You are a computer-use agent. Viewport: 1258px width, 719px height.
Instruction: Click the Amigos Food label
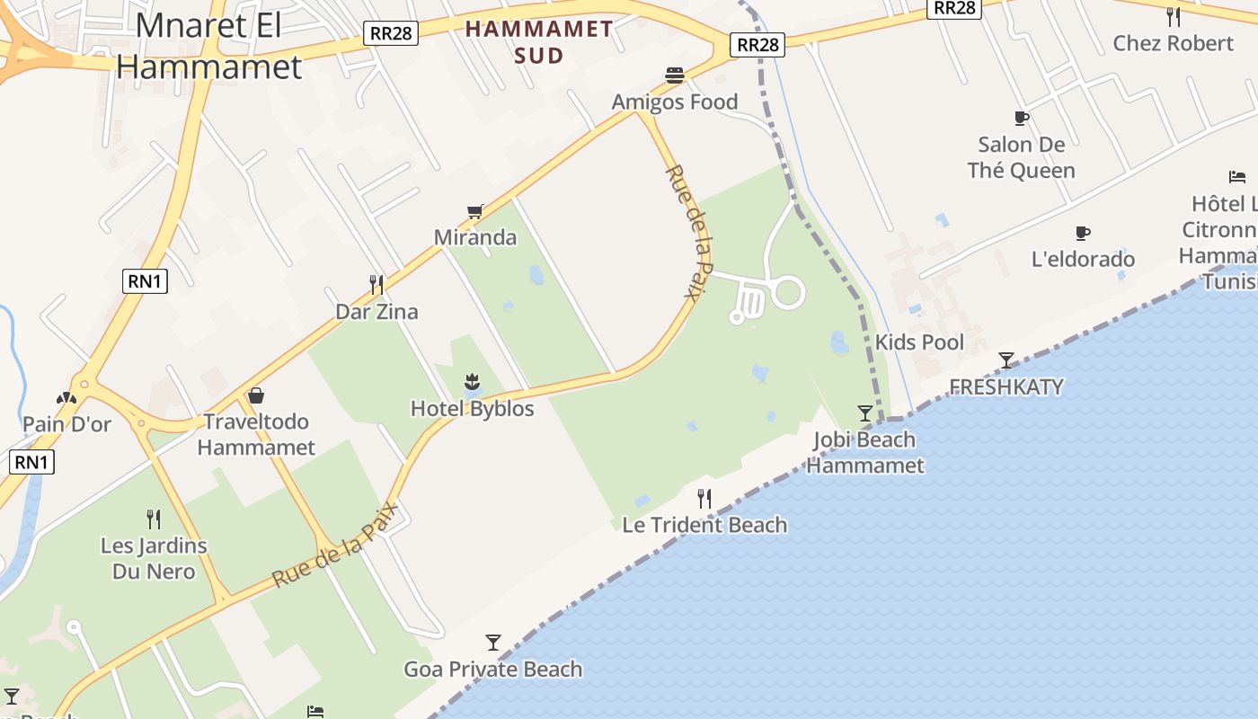click(674, 102)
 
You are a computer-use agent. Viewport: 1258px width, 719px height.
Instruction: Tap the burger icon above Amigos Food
click(675, 75)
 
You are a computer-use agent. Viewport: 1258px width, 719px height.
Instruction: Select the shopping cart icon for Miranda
click(474, 211)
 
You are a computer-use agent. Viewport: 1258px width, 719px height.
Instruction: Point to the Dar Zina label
click(377, 312)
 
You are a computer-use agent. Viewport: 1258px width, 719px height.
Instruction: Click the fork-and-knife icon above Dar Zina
click(377, 285)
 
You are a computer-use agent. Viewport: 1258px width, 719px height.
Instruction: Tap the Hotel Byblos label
click(472, 409)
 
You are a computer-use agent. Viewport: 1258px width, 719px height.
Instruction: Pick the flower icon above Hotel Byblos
click(472, 382)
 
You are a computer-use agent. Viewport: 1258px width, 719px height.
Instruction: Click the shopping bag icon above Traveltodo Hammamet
click(256, 395)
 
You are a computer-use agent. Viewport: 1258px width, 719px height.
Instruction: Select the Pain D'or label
click(66, 423)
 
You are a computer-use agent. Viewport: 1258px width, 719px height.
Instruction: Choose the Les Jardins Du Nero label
click(154, 558)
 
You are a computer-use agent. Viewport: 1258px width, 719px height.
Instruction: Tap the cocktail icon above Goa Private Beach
click(492, 642)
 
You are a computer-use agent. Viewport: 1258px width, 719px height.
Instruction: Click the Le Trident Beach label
click(704, 525)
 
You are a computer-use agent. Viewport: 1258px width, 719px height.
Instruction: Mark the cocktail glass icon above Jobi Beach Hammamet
click(865, 413)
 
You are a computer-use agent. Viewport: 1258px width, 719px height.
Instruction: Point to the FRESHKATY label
click(1006, 387)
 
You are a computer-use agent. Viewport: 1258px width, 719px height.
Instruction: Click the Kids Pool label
click(919, 342)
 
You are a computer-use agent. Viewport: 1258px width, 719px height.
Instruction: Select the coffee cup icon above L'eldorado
click(1083, 234)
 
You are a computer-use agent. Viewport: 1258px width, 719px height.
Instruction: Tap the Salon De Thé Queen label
click(1021, 157)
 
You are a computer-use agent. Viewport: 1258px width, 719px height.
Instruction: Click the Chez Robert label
click(1173, 43)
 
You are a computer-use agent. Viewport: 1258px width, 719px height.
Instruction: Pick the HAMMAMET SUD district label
click(539, 41)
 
